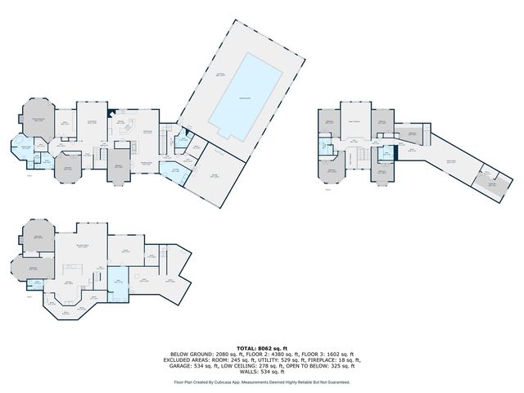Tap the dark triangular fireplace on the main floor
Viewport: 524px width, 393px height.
(x=112, y=113)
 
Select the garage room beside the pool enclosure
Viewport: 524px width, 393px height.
(x=215, y=174)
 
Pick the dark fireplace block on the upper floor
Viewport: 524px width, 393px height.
(x=395, y=147)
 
